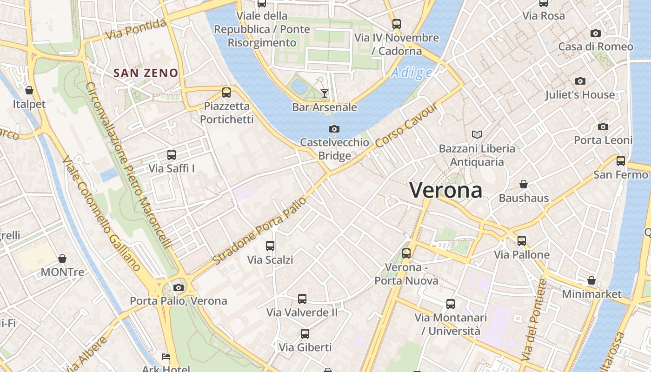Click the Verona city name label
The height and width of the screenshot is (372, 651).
[445, 190]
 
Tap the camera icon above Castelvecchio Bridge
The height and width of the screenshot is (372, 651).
[334, 129]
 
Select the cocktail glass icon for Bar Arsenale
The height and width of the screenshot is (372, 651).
[325, 93]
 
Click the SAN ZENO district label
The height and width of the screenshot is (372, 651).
[146, 73]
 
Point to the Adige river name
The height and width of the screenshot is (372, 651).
[412, 73]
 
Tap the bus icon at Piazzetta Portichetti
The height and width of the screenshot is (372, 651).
[226, 92]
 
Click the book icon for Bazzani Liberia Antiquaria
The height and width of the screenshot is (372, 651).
[477, 135]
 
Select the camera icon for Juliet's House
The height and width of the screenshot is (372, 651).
[580, 81]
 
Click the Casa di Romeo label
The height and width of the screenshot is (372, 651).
[596, 46]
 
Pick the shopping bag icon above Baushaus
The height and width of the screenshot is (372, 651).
[524, 184]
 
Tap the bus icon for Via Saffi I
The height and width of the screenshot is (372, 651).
[172, 155]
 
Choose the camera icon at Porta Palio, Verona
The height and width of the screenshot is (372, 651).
[179, 287]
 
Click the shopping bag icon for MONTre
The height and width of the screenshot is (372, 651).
[62, 259]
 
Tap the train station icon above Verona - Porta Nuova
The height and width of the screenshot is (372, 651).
[406, 253]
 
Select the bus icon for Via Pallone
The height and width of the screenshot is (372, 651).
[522, 241]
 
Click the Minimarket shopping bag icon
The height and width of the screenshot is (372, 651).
[591, 280]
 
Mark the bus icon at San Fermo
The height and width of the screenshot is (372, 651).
[621, 161]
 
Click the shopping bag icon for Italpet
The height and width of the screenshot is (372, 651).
[29, 90]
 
